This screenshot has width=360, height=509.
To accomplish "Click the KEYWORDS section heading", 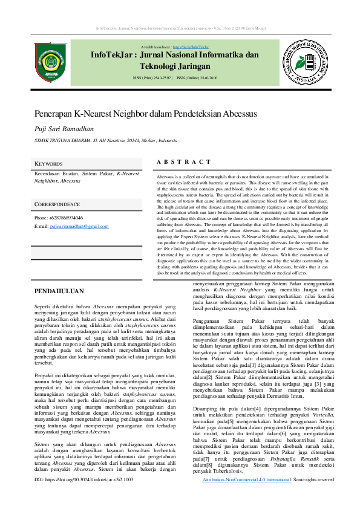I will tap(48, 164).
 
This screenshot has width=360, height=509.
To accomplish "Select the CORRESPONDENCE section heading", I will tap(57, 205).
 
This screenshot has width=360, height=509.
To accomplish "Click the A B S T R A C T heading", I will tap(183, 162).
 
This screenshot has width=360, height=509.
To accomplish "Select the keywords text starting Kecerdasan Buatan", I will tap(87, 177).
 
